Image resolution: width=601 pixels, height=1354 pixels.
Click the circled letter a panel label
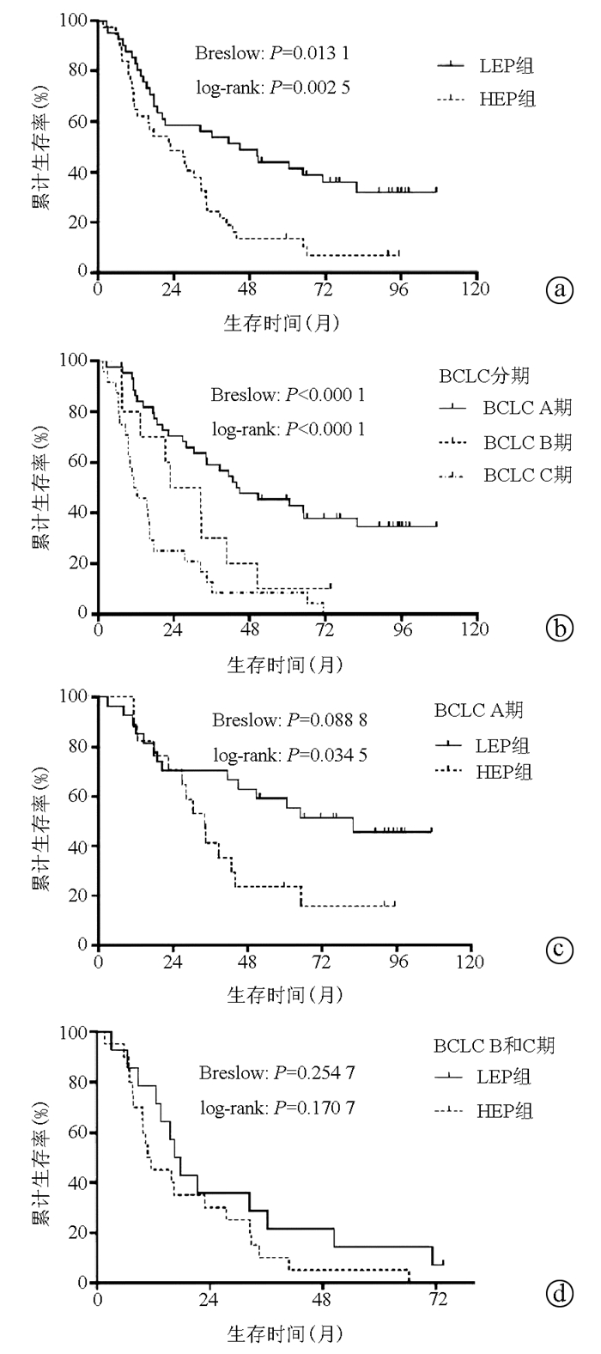pos(559,290)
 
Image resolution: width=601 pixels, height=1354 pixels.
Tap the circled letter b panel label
pos(559,630)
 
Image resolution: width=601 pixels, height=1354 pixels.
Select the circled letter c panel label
pos(559,950)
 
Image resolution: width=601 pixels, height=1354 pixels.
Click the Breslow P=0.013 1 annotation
pos(271,54)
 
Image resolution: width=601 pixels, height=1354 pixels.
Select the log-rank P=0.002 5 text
pos(271,87)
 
